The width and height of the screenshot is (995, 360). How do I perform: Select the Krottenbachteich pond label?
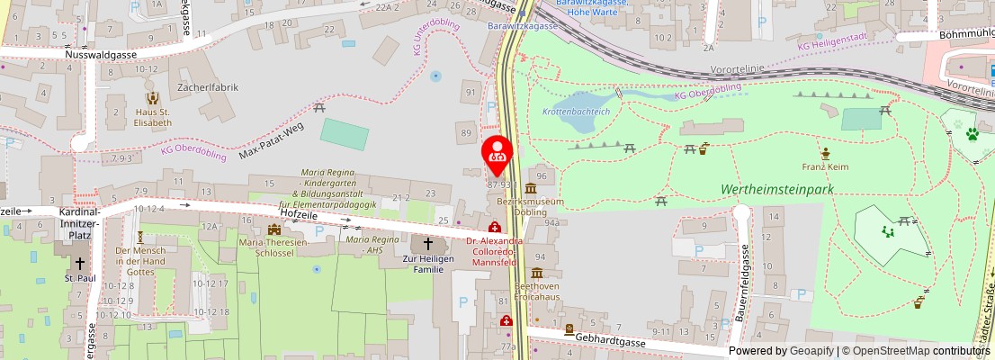[x=576, y=111]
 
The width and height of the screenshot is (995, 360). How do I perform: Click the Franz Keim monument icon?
[x=825, y=152]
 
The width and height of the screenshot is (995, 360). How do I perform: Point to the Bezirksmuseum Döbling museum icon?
[x=530, y=188]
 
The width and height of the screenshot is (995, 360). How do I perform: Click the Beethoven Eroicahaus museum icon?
[x=537, y=273]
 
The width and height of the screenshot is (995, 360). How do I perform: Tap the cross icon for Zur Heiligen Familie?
[x=428, y=245]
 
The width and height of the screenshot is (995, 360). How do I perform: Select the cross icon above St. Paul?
[x=80, y=264]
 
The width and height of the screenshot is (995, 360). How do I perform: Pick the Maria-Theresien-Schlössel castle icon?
[x=273, y=229]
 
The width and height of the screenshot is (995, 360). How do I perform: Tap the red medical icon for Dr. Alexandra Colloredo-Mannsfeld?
[x=494, y=228]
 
